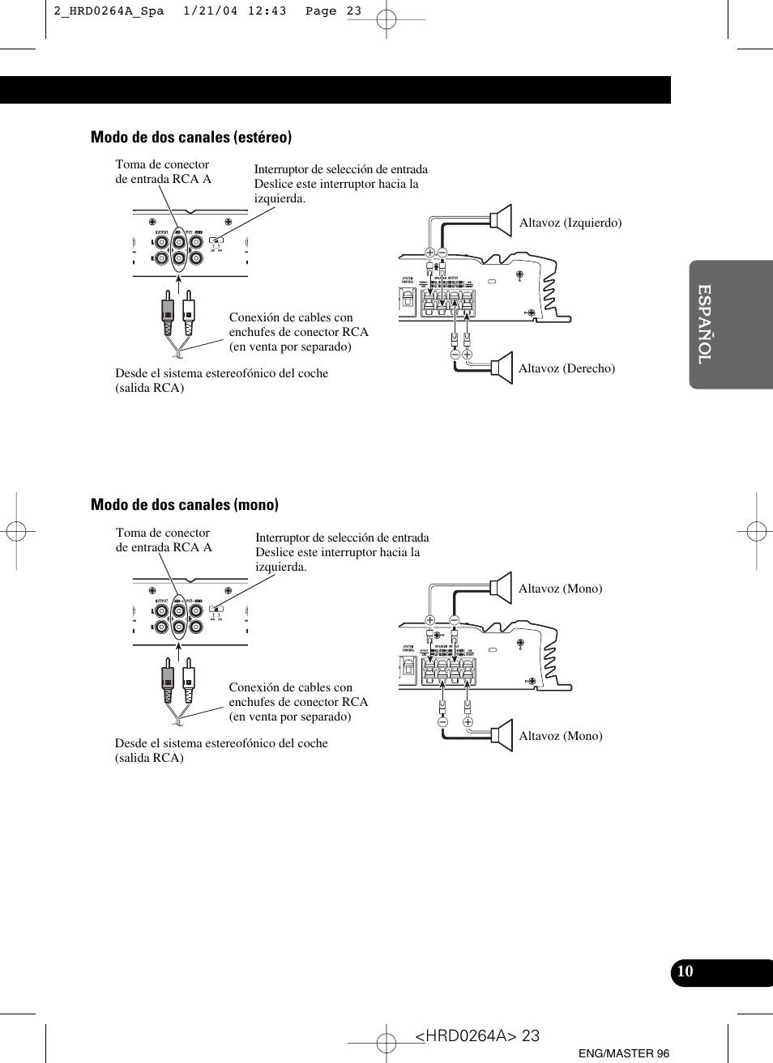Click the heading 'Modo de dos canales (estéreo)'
(x=191, y=137)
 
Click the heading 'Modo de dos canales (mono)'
(x=185, y=504)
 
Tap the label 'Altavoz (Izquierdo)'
(x=570, y=223)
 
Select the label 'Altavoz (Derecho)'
(x=566, y=368)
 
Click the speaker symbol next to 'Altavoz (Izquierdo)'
(x=501, y=220)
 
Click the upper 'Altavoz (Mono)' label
(x=561, y=589)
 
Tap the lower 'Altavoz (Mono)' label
(x=561, y=736)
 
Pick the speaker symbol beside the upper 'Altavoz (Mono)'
(x=501, y=588)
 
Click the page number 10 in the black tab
(x=685, y=972)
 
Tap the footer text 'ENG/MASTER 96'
(x=624, y=1053)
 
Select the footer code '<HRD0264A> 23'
(x=476, y=1035)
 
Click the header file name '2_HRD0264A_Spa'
(x=109, y=11)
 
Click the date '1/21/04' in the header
(x=211, y=11)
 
